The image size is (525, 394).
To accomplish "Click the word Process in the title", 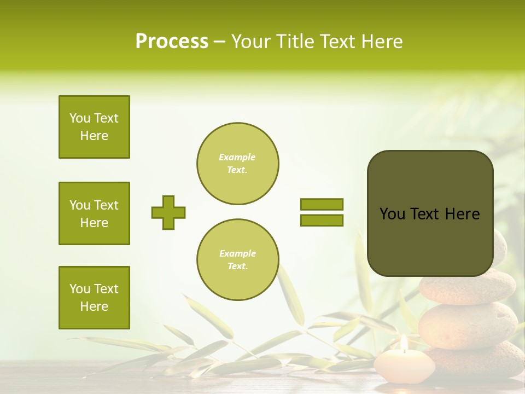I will [x=172, y=42].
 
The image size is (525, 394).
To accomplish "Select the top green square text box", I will [x=94, y=127].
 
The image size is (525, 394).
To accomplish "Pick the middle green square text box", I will [x=94, y=213].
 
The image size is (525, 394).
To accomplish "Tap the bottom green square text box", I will [x=94, y=298].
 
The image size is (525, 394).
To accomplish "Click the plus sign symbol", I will [x=168, y=212].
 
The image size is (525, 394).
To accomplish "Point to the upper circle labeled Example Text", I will [x=237, y=164].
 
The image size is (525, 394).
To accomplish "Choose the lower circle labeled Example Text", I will [x=237, y=260].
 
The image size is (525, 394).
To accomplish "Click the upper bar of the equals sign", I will [x=322, y=205].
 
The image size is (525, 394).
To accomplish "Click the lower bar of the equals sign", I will [x=322, y=220].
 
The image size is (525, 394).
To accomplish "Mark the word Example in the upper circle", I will [x=237, y=157].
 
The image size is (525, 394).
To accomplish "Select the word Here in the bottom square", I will [x=94, y=306].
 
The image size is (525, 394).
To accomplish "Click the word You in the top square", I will [x=80, y=118].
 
